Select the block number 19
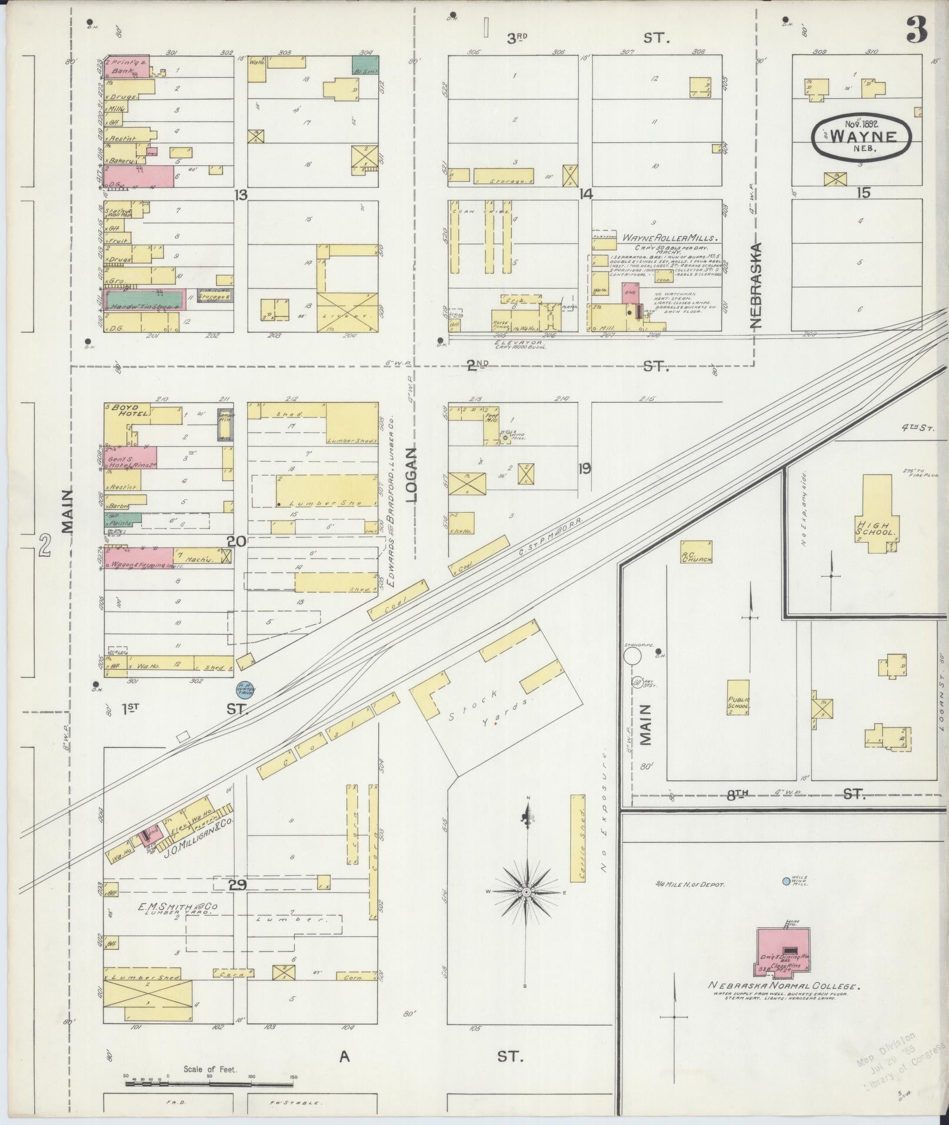584,469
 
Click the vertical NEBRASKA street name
756,285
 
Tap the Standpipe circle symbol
633,656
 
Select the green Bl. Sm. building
365,65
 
